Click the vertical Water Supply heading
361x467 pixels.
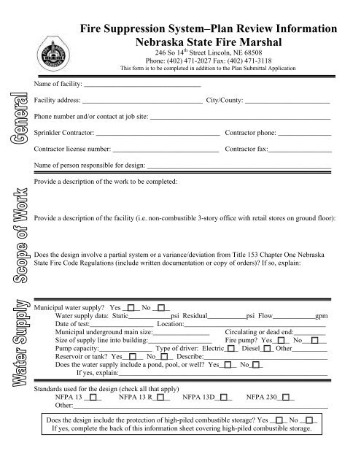pos(16,341)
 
